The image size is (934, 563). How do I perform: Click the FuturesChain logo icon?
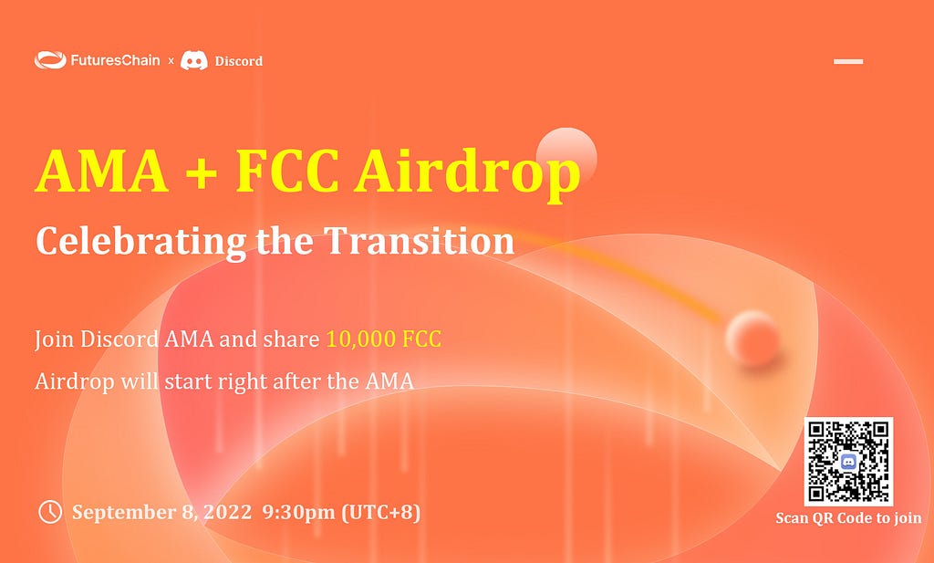pos(50,60)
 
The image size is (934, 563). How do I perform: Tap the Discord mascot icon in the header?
pos(194,61)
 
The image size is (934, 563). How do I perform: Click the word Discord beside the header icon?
pos(239,61)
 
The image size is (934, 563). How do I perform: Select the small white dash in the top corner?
pos(848,61)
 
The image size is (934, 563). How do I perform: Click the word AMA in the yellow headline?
pos(102,171)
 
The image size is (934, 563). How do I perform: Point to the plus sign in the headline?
pos(201,172)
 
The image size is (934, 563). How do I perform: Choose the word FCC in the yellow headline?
pos(287,171)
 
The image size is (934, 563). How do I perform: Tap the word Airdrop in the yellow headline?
pos(467,174)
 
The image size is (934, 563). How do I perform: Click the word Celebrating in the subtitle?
pos(140,242)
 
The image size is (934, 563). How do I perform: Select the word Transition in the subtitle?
pos(419,241)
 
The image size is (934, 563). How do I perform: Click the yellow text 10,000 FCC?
pos(384,339)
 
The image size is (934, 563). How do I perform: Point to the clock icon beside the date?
pos(50,512)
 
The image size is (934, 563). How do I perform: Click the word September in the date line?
pos(124,513)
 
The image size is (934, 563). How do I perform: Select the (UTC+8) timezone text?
pos(381,513)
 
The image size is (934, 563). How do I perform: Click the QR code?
pos(848,461)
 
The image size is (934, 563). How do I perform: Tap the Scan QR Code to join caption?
pos(849,518)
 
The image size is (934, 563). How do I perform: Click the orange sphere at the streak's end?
pos(752,338)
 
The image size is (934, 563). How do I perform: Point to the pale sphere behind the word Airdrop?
pos(566,157)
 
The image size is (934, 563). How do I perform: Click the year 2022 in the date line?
pos(227,513)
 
